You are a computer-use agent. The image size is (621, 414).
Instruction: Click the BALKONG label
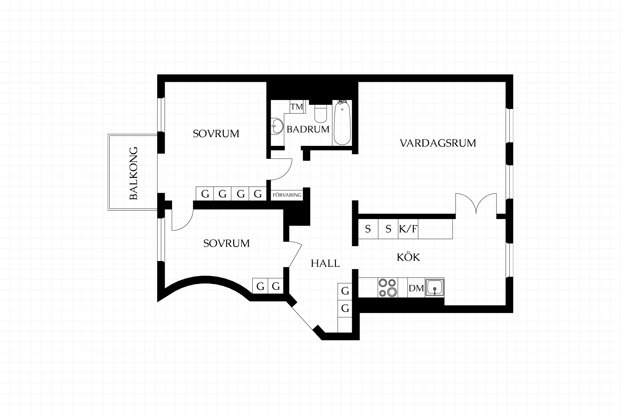pos(134,173)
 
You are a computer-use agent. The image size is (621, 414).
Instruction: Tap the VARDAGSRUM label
pos(438,143)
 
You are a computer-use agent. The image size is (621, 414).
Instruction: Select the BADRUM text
pos(308,129)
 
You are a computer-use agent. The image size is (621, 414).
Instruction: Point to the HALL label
pos(325,263)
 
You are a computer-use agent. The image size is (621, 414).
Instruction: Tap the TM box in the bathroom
pos(297,107)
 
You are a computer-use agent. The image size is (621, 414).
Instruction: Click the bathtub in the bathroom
pos(342,123)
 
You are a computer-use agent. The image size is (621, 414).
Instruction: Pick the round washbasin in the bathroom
pos(277,126)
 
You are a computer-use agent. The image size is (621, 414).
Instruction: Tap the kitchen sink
pos(435,287)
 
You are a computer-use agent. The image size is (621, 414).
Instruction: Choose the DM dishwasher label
pos(416,288)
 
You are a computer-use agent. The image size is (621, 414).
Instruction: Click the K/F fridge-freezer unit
pos(408,229)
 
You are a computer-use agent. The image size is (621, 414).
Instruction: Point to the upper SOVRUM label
pos(216,134)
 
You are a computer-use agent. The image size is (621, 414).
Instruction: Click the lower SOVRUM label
pos(226,243)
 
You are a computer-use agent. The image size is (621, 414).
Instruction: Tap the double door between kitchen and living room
pos(476,204)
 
